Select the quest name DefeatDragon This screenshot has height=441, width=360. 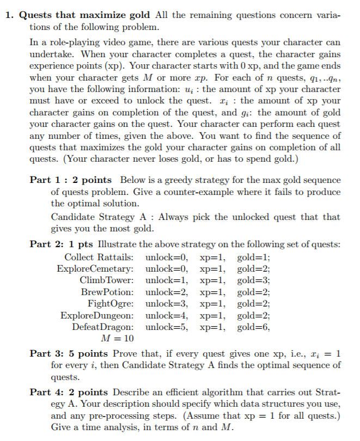pyautogui.click(x=103, y=327)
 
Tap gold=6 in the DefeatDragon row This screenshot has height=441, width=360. pyautogui.click(x=254, y=327)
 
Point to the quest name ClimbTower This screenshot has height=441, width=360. pyautogui.click(x=107, y=280)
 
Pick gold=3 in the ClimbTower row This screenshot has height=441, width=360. pyautogui.click(x=254, y=280)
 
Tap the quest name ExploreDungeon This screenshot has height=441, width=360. pyautogui.click(x=97, y=315)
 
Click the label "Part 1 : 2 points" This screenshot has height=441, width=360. pyautogui.click(x=71, y=180)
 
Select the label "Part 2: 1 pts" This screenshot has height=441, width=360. pyautogui.click(x=64, y=244)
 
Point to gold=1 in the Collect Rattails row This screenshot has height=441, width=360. pyautogui.click(x=254, y=256)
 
